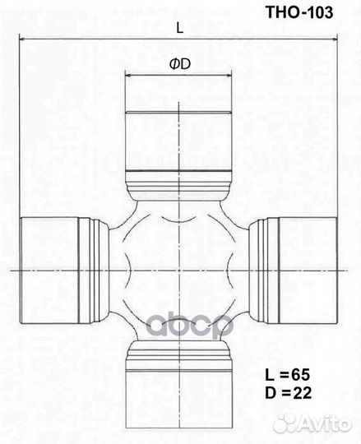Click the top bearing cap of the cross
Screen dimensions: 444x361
[x=178, y=136]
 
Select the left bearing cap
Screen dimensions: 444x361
[x=50, y=271]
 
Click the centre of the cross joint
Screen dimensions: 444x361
[x=178, y=271]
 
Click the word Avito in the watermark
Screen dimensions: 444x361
[x=324, y=423]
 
